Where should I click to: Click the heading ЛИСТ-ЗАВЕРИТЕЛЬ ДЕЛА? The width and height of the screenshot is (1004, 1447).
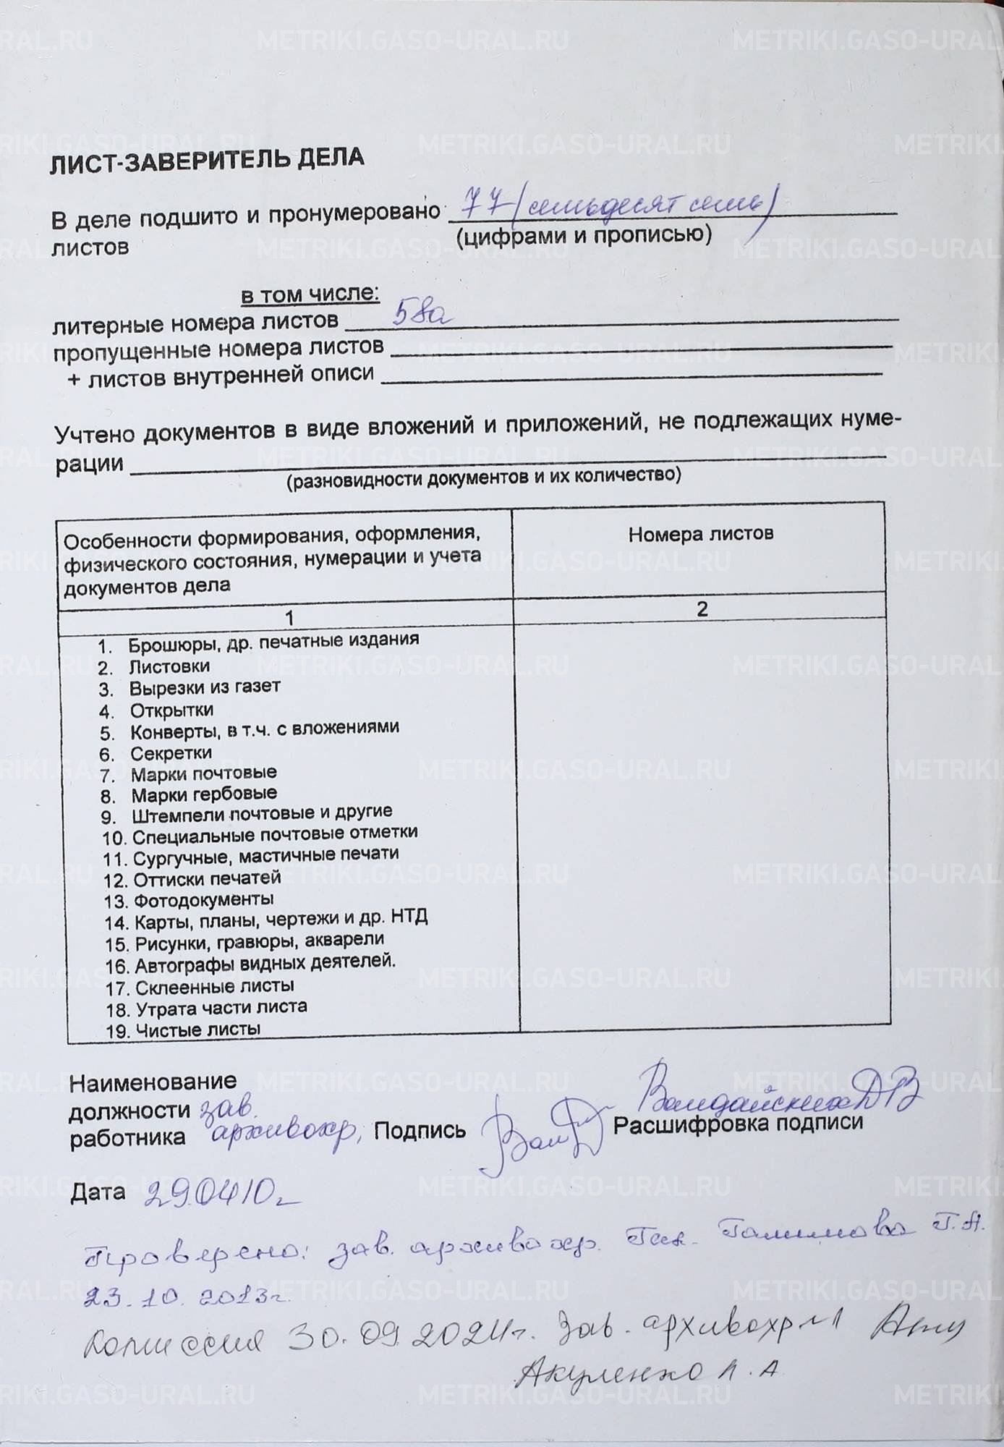point(206,162)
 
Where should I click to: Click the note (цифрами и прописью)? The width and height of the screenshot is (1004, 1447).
point(584,235)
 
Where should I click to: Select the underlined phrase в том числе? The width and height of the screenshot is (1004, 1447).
point(310,294)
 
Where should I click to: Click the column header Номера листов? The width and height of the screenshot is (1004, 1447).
point(700,534)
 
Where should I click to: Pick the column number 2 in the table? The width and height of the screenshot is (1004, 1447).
point(702,608)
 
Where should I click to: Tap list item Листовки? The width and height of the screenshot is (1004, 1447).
point(169,666)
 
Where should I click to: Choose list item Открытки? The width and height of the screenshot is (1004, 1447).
point(171,710)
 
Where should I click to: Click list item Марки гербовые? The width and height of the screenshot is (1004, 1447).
point(204,794)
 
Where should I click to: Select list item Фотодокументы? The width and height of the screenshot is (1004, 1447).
point(203,901)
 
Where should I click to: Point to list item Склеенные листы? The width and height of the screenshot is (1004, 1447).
point(214,986)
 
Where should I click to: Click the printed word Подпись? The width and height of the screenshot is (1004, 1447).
point(420,1130)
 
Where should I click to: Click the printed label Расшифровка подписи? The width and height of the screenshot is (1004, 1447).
point(738,1123)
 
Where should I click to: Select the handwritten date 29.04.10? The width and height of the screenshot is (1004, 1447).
point(221,1196)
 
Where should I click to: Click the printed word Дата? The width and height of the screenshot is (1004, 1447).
point(98,1192)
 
